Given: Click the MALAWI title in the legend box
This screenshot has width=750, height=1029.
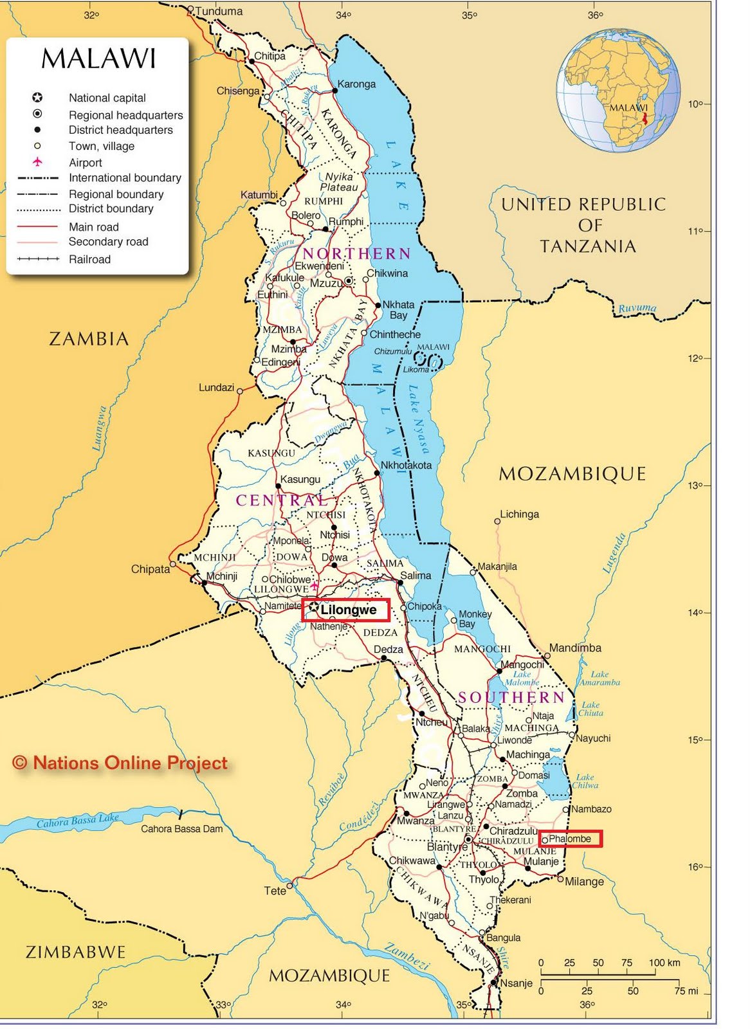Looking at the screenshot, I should [98, 59].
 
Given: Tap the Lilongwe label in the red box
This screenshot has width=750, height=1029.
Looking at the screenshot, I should [348, 610].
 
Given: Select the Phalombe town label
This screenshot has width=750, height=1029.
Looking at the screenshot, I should [569, 839].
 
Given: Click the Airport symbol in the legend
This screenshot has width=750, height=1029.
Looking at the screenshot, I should [37, 162].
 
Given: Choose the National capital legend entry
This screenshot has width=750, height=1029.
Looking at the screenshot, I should [107, 98].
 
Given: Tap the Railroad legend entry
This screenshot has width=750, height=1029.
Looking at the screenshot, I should [89, 259].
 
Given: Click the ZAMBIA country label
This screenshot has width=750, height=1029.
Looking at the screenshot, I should [89, 339].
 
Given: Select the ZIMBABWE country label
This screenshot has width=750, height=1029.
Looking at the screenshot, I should [75, 952].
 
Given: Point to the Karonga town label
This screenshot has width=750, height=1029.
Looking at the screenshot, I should [356, 84].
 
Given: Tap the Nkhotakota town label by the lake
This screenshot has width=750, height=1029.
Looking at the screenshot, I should [406, 465].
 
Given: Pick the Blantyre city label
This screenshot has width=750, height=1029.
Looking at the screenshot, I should [446, 846].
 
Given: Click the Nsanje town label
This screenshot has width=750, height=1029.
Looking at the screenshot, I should [516, 983].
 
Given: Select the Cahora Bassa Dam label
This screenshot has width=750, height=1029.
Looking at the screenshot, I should [181, 829].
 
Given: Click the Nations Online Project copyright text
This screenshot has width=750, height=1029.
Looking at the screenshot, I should [120, 763].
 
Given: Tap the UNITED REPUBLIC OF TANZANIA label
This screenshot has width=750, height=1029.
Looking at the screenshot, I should [583, 225].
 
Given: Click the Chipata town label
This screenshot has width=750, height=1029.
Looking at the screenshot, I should [151, 569].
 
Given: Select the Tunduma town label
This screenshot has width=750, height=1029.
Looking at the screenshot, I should [219, 11].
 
